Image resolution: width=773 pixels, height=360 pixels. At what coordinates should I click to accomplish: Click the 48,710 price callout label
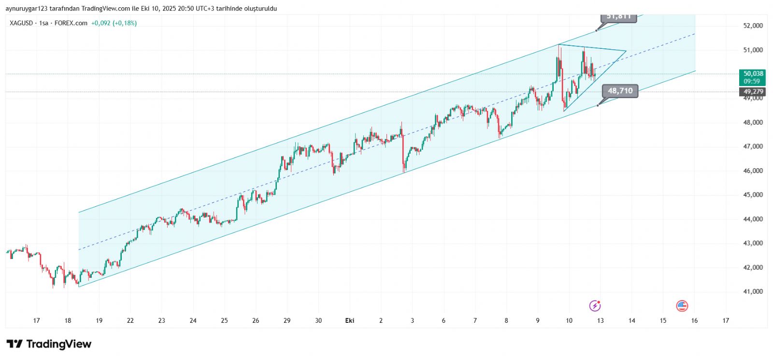[x=620, y=91]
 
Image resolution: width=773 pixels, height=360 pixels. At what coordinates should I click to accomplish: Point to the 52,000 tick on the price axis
[x=753, y=26]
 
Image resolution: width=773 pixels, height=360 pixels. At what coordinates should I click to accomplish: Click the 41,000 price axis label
[x=753, y=291]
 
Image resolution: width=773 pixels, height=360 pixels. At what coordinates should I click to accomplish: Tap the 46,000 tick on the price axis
[x=753, y=171]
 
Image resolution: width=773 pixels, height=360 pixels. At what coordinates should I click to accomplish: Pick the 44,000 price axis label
[x=753, y=219]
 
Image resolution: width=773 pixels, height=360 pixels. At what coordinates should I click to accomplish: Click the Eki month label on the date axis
[x=350, y=320]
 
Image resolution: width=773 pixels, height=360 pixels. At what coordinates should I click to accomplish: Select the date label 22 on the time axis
[x=130, y=320]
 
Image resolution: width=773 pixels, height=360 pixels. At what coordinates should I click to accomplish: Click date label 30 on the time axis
[x=318, y=320]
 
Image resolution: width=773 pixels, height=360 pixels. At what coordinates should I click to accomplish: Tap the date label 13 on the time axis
[x=601, y=320]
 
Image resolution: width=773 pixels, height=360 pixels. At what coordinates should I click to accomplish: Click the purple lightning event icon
[x=595, y=305]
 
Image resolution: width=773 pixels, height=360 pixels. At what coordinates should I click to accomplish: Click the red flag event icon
[x=682, y=305]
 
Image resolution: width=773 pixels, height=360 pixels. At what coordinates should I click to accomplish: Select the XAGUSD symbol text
[x=21, y=23]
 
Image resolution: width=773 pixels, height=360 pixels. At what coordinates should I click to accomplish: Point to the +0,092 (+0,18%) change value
[x=114, y=23]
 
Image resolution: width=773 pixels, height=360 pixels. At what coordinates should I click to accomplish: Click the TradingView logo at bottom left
[x=49, y=344]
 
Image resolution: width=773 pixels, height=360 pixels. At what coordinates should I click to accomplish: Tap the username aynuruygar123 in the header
[x=29, y=9]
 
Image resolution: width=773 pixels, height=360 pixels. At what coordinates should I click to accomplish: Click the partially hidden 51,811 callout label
[x=619, y=17]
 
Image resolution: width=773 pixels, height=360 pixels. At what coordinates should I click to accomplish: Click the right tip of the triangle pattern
[x=626, y=51]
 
